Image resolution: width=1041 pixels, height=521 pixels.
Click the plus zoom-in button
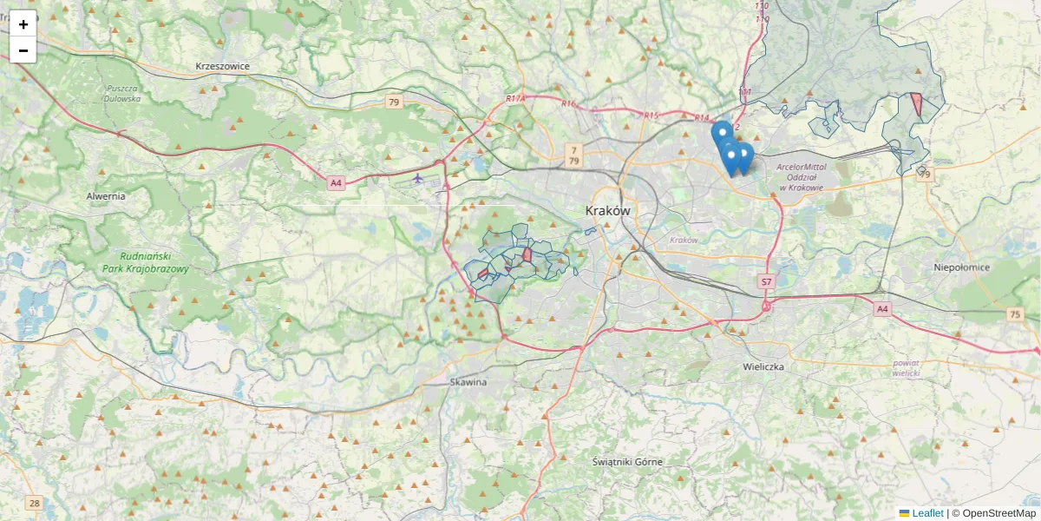23,24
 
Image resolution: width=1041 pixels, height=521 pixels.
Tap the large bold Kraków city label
608,211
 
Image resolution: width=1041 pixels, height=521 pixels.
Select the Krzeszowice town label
223,66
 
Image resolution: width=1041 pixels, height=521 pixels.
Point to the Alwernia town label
106,196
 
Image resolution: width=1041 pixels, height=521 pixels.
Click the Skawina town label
468,382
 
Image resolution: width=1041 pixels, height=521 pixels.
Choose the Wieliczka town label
763,367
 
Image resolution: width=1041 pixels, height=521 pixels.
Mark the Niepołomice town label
961,267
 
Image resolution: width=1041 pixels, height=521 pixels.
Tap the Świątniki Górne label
627,462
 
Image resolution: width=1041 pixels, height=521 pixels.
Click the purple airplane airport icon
418,179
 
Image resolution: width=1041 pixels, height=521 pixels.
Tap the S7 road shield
766,281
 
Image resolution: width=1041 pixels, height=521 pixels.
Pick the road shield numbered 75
1015,314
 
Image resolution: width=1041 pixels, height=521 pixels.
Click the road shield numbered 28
34,503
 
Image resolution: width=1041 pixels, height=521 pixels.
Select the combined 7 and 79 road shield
573,156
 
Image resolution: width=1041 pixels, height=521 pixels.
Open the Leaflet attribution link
926,513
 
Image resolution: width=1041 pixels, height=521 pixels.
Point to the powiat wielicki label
906,367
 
